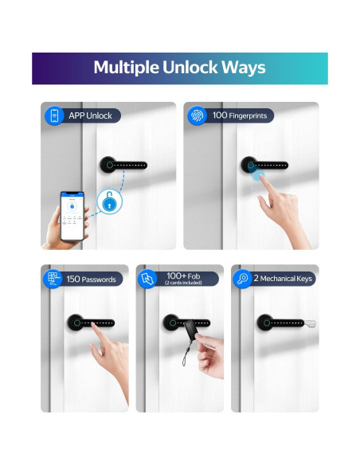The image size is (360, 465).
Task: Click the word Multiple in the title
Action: pos(122,67)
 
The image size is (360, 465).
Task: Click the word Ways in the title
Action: pos(244,67)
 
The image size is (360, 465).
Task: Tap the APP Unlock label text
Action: pos(89,115)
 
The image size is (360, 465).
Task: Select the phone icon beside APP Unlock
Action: pos(53,115)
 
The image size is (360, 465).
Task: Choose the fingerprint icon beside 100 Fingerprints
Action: pos(196,115)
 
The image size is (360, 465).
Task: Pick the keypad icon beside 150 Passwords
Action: pos(53,279)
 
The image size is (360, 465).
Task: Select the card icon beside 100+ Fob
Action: pos(148,279)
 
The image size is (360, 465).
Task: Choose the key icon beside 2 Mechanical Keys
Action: pos(243,279)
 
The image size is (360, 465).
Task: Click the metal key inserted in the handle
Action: pos(310,323)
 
